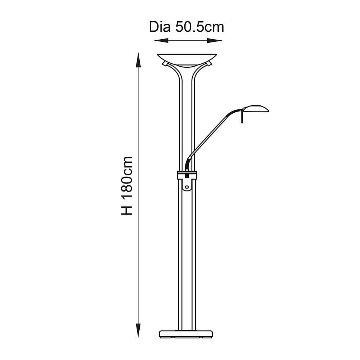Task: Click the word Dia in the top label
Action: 159,27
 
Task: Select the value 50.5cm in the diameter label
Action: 200,27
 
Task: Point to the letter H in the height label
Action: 127,210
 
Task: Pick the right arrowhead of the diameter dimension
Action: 215,41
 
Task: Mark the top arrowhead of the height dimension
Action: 138,60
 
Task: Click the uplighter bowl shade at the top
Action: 187,59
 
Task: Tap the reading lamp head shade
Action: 256,109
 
